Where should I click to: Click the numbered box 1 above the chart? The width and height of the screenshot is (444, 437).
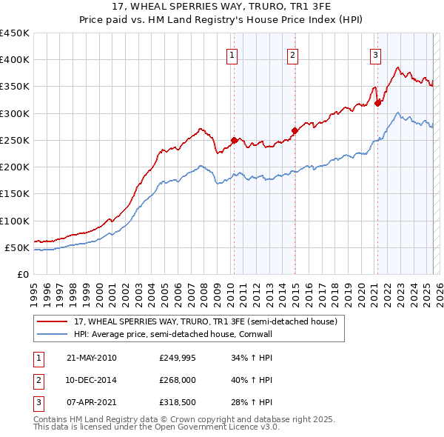[x=232, y=54]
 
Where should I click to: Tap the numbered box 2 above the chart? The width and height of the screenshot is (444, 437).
[x=293, y=54]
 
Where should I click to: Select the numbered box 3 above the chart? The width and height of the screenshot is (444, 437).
[x=375, y=54]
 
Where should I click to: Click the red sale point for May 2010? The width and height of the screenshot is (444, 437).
[x=235, y=140]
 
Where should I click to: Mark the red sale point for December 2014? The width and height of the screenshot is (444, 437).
[x=295, y=130]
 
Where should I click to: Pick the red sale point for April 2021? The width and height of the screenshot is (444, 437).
[x=377, y=103]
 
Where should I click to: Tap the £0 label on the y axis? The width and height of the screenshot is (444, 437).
[x=22, y=274]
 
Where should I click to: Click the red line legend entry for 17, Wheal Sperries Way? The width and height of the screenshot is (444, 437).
[x=206, y=321]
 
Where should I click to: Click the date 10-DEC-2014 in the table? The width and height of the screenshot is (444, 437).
[x=91, y=380]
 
